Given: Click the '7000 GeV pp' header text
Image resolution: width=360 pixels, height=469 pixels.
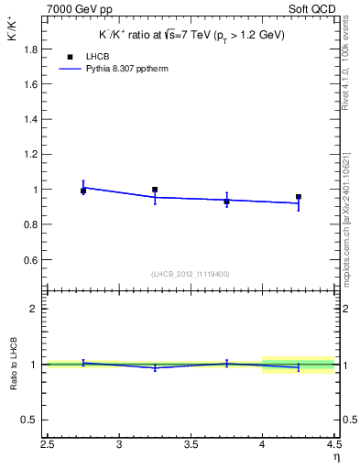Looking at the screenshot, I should coord(75,8).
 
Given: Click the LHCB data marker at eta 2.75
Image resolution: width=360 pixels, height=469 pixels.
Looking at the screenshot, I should coord(83,191).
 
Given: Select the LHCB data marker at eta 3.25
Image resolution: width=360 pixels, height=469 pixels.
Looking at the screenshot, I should coord(155,190).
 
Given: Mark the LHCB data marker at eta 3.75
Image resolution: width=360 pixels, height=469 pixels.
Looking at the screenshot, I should coord(226,202).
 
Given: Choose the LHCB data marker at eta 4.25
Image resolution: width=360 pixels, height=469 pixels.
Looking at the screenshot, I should coord(299,196).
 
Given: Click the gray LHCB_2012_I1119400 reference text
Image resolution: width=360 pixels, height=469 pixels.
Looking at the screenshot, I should coord(191,274).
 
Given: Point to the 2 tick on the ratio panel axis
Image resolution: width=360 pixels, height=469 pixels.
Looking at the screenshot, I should coord(34,309).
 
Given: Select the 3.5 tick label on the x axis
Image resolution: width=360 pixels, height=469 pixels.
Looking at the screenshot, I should coord(191,445).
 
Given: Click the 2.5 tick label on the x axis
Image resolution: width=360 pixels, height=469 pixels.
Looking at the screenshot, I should coord(48,445).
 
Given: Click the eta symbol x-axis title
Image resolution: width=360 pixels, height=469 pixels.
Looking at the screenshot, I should coord(336,457).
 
